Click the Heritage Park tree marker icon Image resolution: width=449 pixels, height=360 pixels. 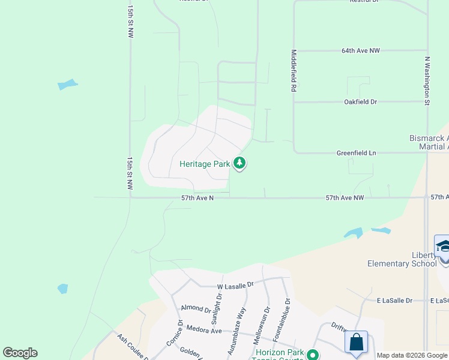pos(240,163)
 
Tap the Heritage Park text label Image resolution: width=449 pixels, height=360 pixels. pos(205,163)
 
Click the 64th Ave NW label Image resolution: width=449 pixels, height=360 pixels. pos(361,51)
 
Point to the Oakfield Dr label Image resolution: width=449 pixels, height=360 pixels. pos(360,102)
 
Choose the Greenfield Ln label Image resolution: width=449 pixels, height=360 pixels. pos(356,153)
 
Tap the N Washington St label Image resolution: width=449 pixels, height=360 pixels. pos(427,81)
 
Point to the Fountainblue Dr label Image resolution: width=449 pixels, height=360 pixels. pos(288,316)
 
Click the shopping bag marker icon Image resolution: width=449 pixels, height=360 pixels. pos(356,342)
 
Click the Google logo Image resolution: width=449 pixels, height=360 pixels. pos(20,353)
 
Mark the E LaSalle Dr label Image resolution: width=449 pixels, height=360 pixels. pos(394,300)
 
